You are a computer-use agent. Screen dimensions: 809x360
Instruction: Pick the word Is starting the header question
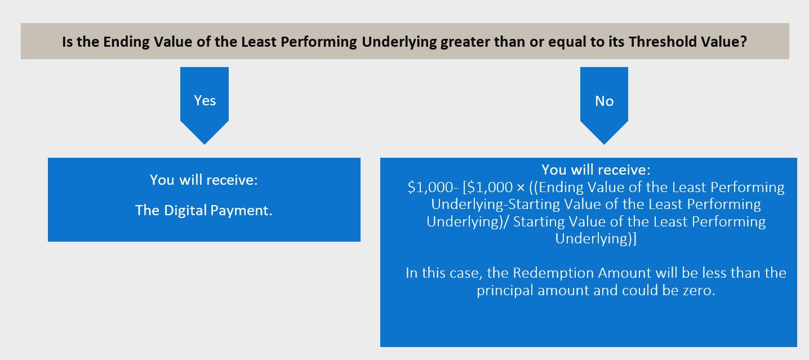67,42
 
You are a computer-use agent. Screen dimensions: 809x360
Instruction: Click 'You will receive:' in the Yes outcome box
204,180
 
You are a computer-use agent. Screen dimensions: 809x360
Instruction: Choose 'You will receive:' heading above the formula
596,170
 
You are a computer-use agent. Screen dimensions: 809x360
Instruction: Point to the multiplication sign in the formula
521,188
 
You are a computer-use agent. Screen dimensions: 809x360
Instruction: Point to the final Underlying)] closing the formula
595,239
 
